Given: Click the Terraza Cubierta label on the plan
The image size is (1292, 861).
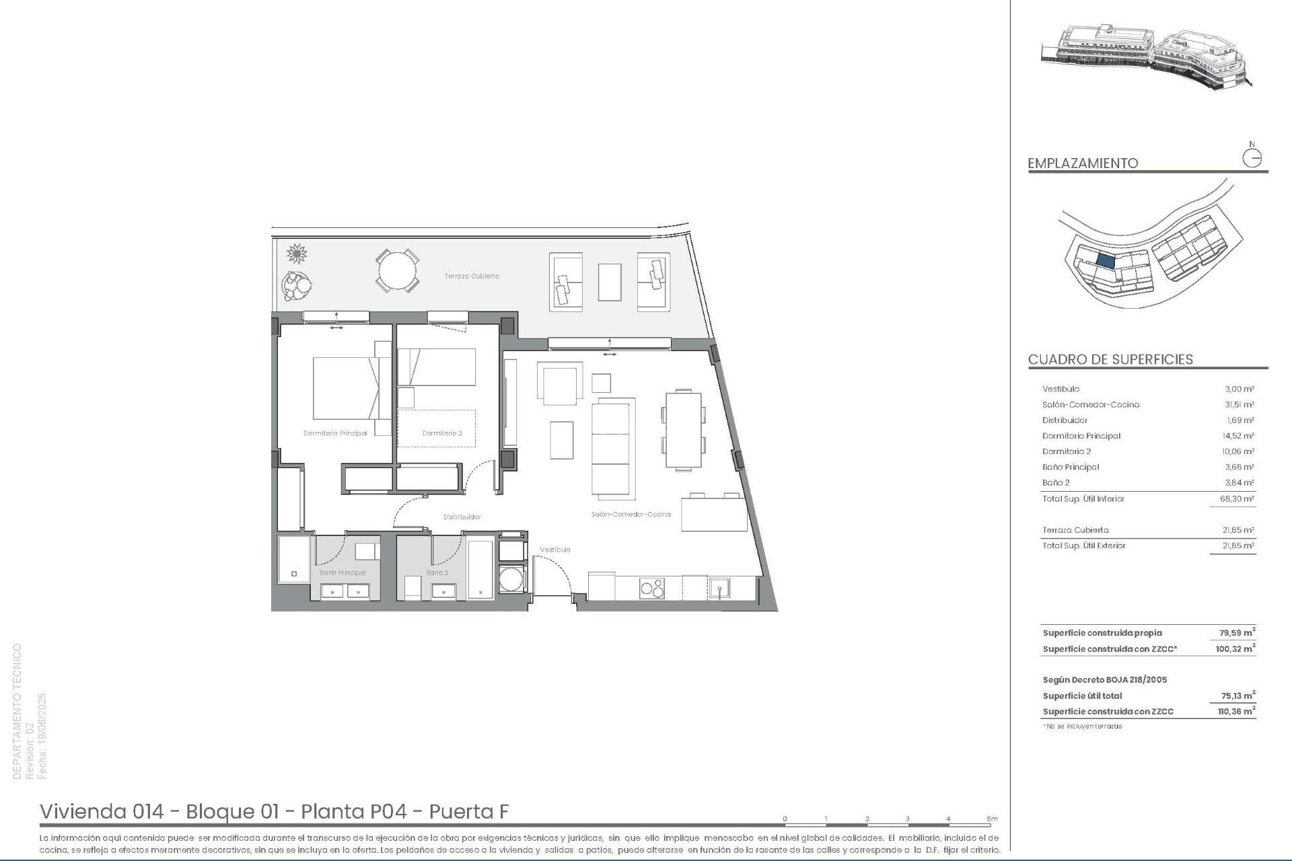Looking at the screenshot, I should [471, 276].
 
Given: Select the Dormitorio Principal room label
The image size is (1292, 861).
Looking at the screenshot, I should [335, 433].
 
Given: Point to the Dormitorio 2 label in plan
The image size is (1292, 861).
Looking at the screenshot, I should [442, 433].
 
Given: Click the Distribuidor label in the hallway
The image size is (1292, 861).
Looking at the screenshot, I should [462, 517].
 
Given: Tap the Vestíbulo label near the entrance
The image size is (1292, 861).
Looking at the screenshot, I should [555, 550].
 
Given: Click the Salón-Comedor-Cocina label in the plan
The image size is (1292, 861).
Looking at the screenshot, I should [631, 515].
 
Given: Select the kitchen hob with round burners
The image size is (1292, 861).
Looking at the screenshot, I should [651, 588].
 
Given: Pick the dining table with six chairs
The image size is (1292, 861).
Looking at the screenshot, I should [683, 429].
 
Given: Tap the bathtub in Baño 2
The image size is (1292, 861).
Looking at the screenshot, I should [480, 569].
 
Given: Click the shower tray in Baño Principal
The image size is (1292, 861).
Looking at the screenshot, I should [294, 559].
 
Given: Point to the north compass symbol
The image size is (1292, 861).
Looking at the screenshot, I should [1252, 157].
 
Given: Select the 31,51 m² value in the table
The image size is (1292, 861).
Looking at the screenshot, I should [1238, 405].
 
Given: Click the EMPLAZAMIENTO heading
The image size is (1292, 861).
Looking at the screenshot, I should [1083, 163].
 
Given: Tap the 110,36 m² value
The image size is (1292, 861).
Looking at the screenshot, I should [1236, 712].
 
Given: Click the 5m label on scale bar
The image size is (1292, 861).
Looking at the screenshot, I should [992, 819].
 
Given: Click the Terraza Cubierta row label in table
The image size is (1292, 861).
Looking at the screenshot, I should [1075, 530].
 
